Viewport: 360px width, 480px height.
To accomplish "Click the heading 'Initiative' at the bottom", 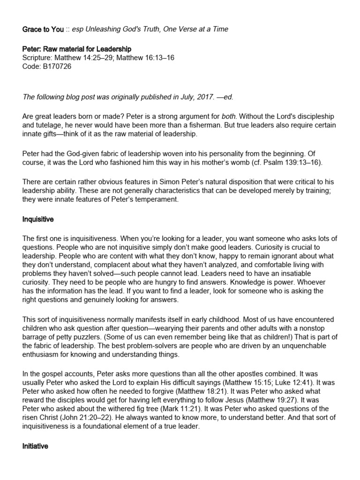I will [x=35, y=446].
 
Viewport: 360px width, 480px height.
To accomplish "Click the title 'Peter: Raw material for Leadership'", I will [x=77, y=49].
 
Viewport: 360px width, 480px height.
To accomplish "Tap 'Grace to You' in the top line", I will [x=43, y=29].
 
